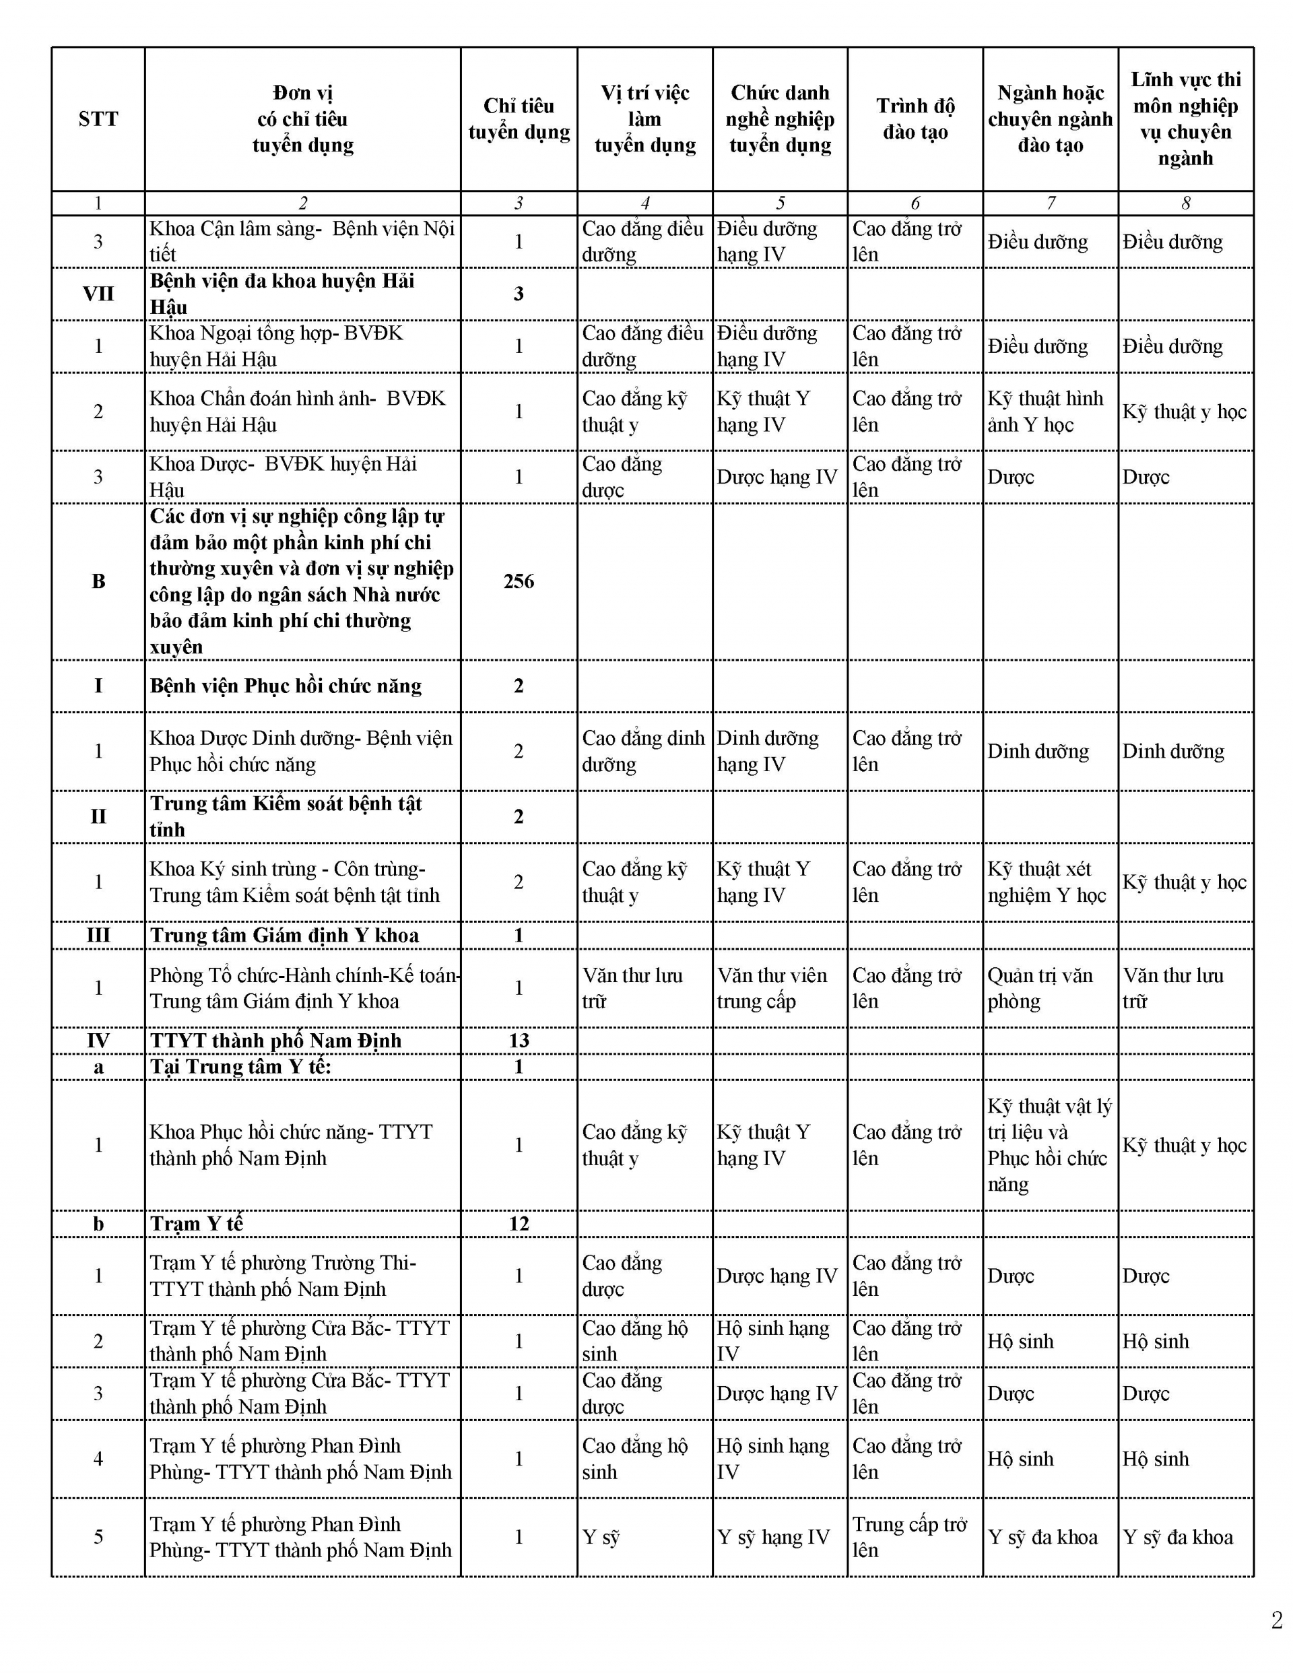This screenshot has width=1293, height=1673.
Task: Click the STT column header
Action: click(98, 119)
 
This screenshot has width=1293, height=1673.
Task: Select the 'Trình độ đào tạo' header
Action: click(915, 119)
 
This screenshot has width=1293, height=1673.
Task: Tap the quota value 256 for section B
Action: click(519, 581)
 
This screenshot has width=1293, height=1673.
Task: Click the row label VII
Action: click(98, 294)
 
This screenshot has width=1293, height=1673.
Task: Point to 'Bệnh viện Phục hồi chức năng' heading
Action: click(286, 686)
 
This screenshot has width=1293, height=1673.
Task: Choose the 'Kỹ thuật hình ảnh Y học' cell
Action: click(1046, 412)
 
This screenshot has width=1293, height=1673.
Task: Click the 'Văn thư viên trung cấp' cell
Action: click(772, 987)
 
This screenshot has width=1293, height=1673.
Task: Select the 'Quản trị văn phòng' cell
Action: click(1040, 987)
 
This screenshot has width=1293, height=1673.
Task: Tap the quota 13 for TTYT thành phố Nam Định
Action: click(519, 1041)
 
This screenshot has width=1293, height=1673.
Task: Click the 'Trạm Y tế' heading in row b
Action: click(197, 1223)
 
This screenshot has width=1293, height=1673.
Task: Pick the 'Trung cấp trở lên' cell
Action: click(909, 1537)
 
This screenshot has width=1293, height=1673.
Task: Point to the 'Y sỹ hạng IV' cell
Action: click(773, 1537)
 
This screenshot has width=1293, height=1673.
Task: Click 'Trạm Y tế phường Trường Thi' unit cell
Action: click(283, 1276)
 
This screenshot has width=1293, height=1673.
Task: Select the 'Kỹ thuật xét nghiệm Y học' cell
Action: click(1047, 882)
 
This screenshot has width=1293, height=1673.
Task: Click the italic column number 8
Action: click(1185, 203)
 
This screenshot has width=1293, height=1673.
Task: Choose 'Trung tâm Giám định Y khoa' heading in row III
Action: click(284, 936)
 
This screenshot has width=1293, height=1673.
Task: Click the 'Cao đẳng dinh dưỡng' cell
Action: click(642, 751)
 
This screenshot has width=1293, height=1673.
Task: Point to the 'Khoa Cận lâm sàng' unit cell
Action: click(302, 241)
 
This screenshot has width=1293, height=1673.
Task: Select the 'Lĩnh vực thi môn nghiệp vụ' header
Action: click(1185, 119)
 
